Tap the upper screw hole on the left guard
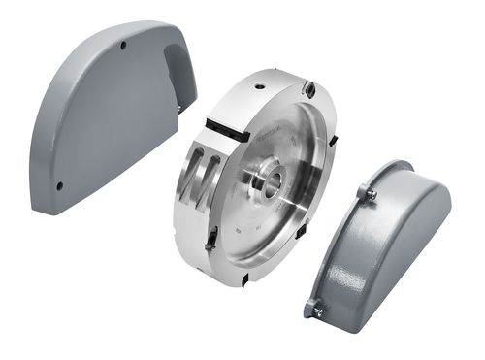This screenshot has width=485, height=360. pos(122,45)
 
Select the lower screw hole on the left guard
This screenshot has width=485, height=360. pos(60,184)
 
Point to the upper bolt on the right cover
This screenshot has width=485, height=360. pos(371,194)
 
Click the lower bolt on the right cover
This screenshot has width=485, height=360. pos(316,310)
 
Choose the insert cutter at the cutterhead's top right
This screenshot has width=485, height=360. pos(307,91)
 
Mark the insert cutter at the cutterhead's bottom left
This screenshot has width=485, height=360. pos(211,239)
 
